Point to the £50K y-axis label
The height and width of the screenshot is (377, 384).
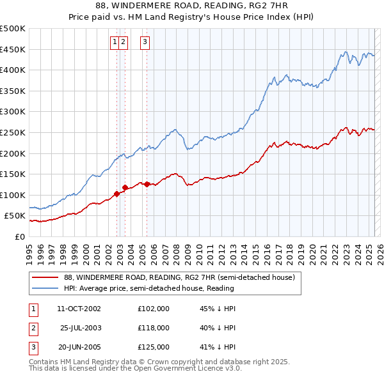(15, 216)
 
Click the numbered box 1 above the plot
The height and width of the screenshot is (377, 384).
(115, 43)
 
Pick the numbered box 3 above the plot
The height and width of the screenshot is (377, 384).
(145, 43)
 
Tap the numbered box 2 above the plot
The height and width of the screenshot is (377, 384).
(123, 43)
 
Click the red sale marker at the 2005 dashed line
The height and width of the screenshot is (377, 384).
(147, 185)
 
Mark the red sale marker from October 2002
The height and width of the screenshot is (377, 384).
(117, 194)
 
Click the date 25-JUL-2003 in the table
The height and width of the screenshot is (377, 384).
(81, 328)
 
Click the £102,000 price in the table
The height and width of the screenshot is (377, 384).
(154, 309)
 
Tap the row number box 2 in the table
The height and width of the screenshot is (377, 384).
(32, 328)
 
